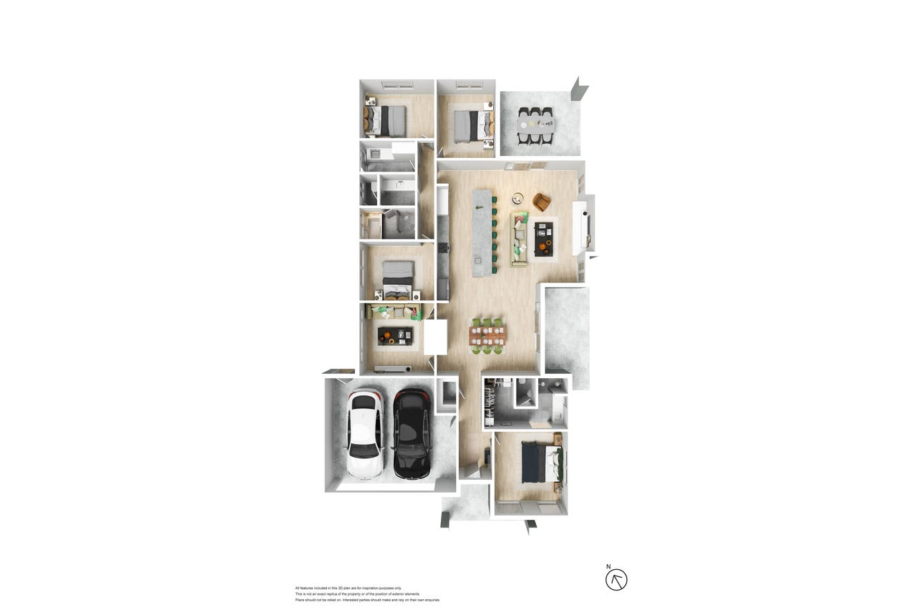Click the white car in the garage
point(365,435)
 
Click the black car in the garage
point(412,433)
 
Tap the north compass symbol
point(616,580)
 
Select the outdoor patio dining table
point(535,124)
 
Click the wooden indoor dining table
point(487,336)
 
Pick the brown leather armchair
point(542,202)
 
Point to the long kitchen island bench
point(482,232)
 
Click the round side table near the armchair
point(517,198)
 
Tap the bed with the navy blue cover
point(540,464)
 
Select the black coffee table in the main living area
point(544,239)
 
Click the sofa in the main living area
point(519,240)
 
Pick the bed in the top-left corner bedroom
point(385,122)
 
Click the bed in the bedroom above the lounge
point(397,281)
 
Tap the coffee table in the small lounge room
point(396,336)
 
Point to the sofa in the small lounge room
point(394,312)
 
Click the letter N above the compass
point(608,566)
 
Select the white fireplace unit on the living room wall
point(581,227)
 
